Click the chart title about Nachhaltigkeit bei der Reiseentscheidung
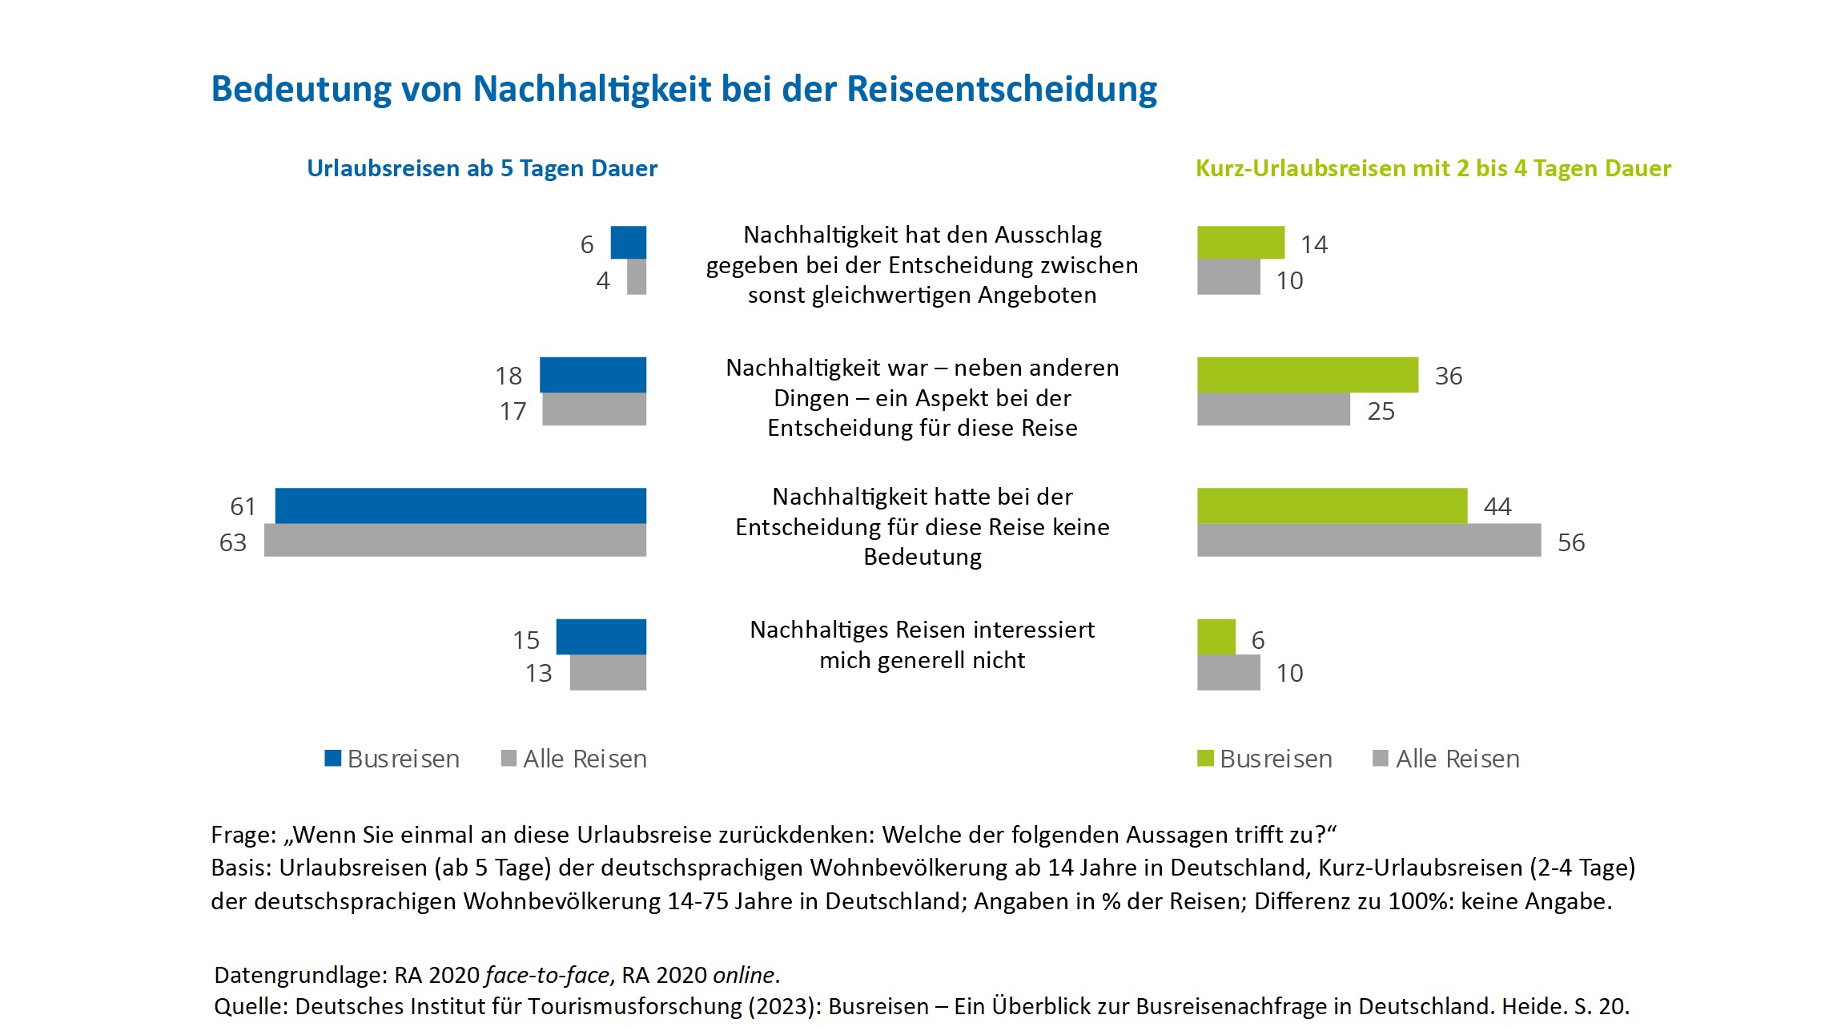point(684,89)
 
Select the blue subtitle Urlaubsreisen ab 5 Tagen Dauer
point(482,168)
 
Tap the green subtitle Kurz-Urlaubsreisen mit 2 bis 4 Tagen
point(1433,168)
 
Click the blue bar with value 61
point(460,505)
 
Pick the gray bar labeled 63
point(455,541)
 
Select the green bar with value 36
point(1308,375)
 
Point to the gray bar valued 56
point(1369,541)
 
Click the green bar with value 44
point(1332,505)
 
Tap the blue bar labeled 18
point(593,375)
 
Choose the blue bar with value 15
point(601,637)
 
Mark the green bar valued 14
point(1240,243)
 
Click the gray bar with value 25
point(1273,409)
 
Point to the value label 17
point(513,412)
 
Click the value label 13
point(539,674)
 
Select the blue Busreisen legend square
point(333,758)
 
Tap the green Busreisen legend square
point(1205,758)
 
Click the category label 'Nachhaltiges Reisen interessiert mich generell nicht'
point(922,645)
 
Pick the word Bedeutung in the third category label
point(922,557)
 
